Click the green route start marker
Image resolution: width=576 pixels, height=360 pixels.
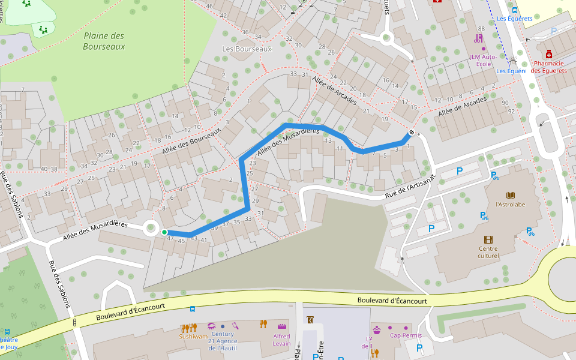click(x=164, y=232)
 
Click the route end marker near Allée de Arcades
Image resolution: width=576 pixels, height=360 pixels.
click(x=412, y=133)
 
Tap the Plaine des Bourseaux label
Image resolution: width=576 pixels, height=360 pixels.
click(x=104, y=41)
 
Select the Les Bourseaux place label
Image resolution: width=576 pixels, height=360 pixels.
click(x=247, y=49)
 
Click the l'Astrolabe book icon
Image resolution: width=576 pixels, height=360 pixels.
click(x=510, y=196)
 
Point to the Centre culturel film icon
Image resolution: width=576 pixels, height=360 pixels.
click(x=488, y=239)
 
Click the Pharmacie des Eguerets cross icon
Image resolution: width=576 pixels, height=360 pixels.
click(x=548, y=54)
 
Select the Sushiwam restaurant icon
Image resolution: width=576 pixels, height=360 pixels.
click(x=188, y=328)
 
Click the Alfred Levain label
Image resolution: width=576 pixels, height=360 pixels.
click(x=281, y=340)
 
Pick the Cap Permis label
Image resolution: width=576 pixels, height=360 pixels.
click(x=406, y=335)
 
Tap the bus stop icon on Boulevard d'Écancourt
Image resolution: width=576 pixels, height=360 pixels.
click(x=192, y=309)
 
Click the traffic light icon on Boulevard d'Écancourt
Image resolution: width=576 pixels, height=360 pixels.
click(x=75, y=323)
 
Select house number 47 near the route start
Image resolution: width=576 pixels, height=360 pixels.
click(x=170, y=239)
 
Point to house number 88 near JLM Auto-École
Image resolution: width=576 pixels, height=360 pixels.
click(x=481, y=29)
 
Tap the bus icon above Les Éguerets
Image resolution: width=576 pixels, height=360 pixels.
click(x=514, y=10)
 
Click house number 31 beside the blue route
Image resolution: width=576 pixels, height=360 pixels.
click(x=260, y=214)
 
